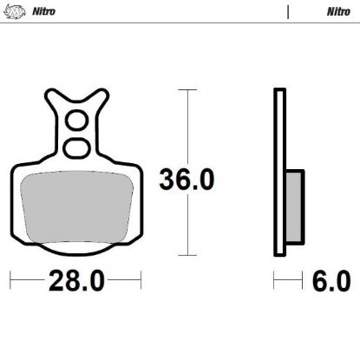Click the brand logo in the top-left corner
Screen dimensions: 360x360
coord(13,12)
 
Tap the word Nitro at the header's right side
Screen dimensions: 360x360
coord(338,12)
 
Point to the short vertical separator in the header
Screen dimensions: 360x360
coord(286,12)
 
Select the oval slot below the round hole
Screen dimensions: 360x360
coord(75,144)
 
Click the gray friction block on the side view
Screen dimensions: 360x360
coord(293,206)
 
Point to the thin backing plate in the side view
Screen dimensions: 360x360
coord(278,173)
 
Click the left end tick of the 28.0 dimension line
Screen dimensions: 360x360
coord(10,282)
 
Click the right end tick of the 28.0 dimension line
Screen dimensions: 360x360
coord(141,282)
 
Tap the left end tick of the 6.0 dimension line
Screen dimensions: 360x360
coord(274,282)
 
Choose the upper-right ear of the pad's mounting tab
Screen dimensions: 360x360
coord(103,96)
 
